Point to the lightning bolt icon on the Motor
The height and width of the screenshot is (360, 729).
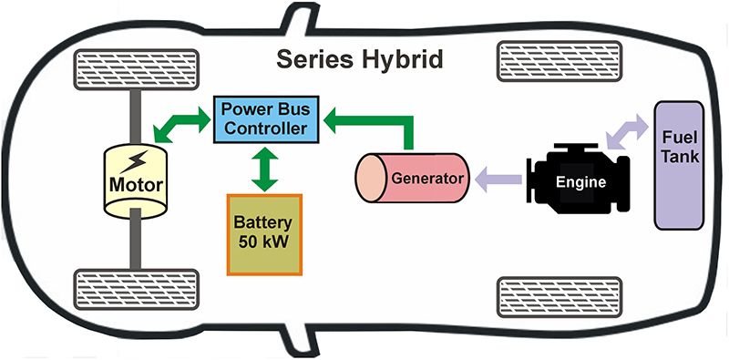(134, 162)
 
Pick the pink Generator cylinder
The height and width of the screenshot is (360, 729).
(412, 177)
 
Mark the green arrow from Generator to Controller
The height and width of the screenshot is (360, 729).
(383, 119)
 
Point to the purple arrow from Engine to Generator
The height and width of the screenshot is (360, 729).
(499, 178)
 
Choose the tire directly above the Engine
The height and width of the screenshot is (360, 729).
(544, 62)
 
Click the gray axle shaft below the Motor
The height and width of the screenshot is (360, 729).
(134, 243)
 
